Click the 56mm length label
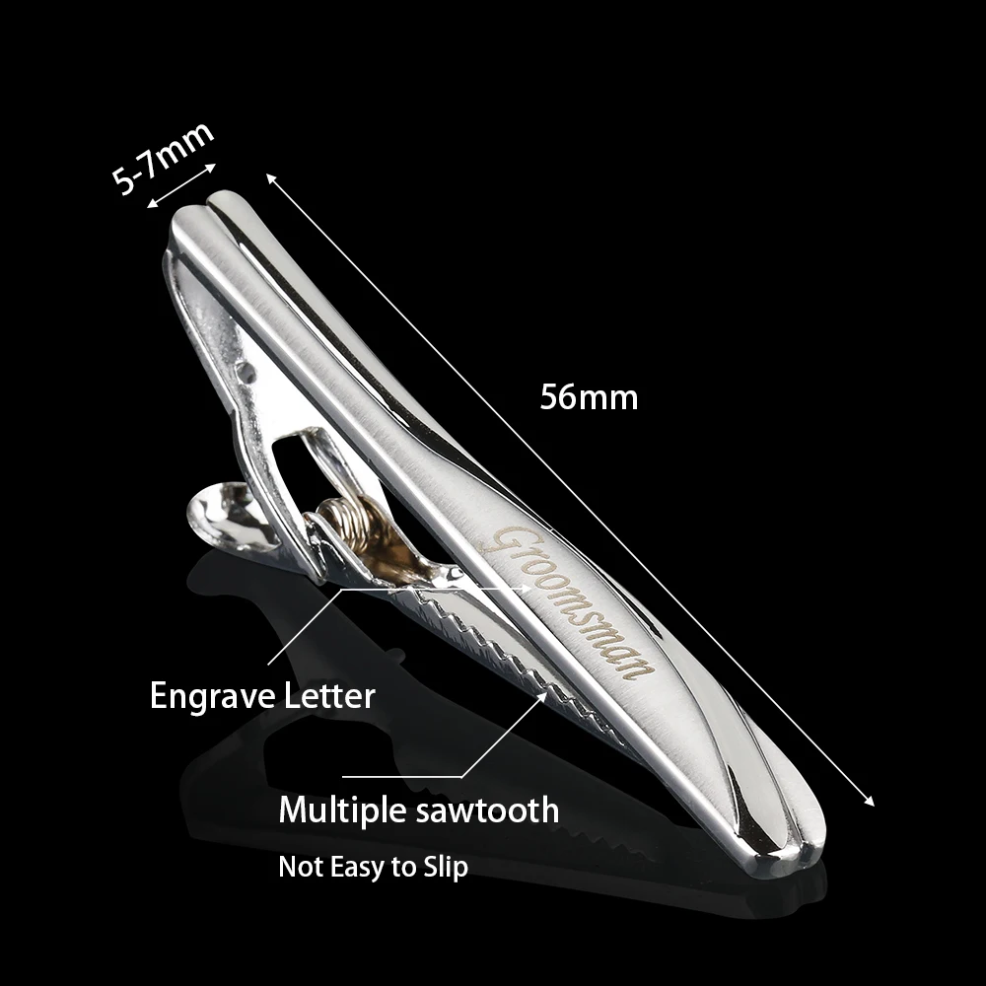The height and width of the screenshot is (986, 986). pyautogui.click(x=589, y=397)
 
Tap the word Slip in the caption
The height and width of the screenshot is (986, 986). pyautogui.click(x=443, y=868)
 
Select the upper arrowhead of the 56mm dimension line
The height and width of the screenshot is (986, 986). pyautogui.click(x=271, y=178)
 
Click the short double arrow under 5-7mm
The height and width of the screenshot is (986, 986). pyautogui.click(x=179, y=187)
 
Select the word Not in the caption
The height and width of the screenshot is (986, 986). pyautogui.click(x=297, y=868)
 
